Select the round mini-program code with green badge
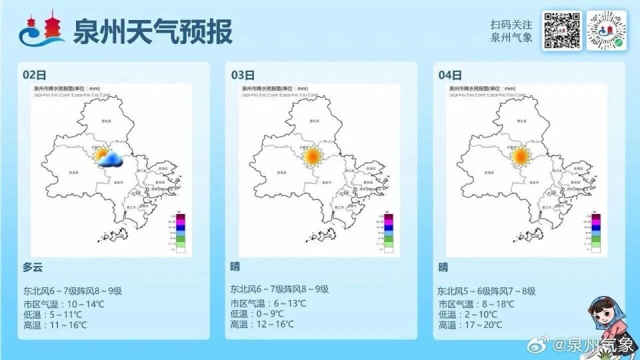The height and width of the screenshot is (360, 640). tap(606, 31)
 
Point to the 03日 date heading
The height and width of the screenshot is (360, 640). tap(243, 75)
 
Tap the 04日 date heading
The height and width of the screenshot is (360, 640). tap(450, 75)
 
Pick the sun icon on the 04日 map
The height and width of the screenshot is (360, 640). tap(519, 157)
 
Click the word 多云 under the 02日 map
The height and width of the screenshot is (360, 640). tap(33, 267)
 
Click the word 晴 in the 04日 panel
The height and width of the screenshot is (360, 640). tap(443, 267)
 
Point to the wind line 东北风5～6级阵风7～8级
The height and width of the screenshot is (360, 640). tap(487, 291)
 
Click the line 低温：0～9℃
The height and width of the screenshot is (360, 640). tap(257, 314)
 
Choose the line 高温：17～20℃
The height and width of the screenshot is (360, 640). tap(465, 325)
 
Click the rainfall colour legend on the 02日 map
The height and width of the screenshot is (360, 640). tap(178, 233)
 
